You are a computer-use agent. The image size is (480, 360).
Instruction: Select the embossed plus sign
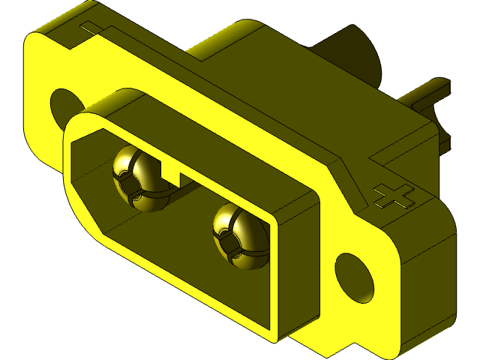tap(394, 196)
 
